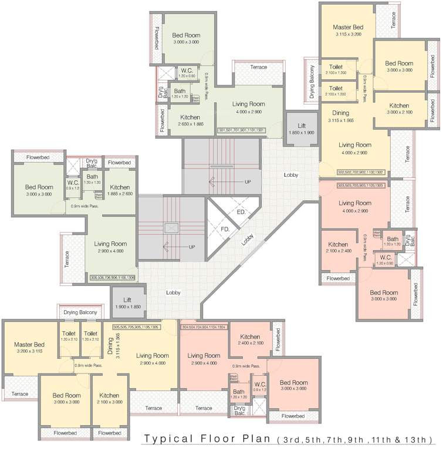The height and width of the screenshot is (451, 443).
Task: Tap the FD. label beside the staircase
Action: coord(225,229)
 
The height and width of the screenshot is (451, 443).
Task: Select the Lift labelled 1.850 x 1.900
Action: coord(302,129)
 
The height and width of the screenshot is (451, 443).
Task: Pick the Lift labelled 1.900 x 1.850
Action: coord(127,302)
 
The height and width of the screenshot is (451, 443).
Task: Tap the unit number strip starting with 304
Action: coord(204,327)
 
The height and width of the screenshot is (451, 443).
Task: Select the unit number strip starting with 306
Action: coord(113,277)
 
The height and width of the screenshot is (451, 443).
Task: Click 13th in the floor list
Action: coord(419,439)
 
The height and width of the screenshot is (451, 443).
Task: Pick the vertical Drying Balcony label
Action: coord(313,82)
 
